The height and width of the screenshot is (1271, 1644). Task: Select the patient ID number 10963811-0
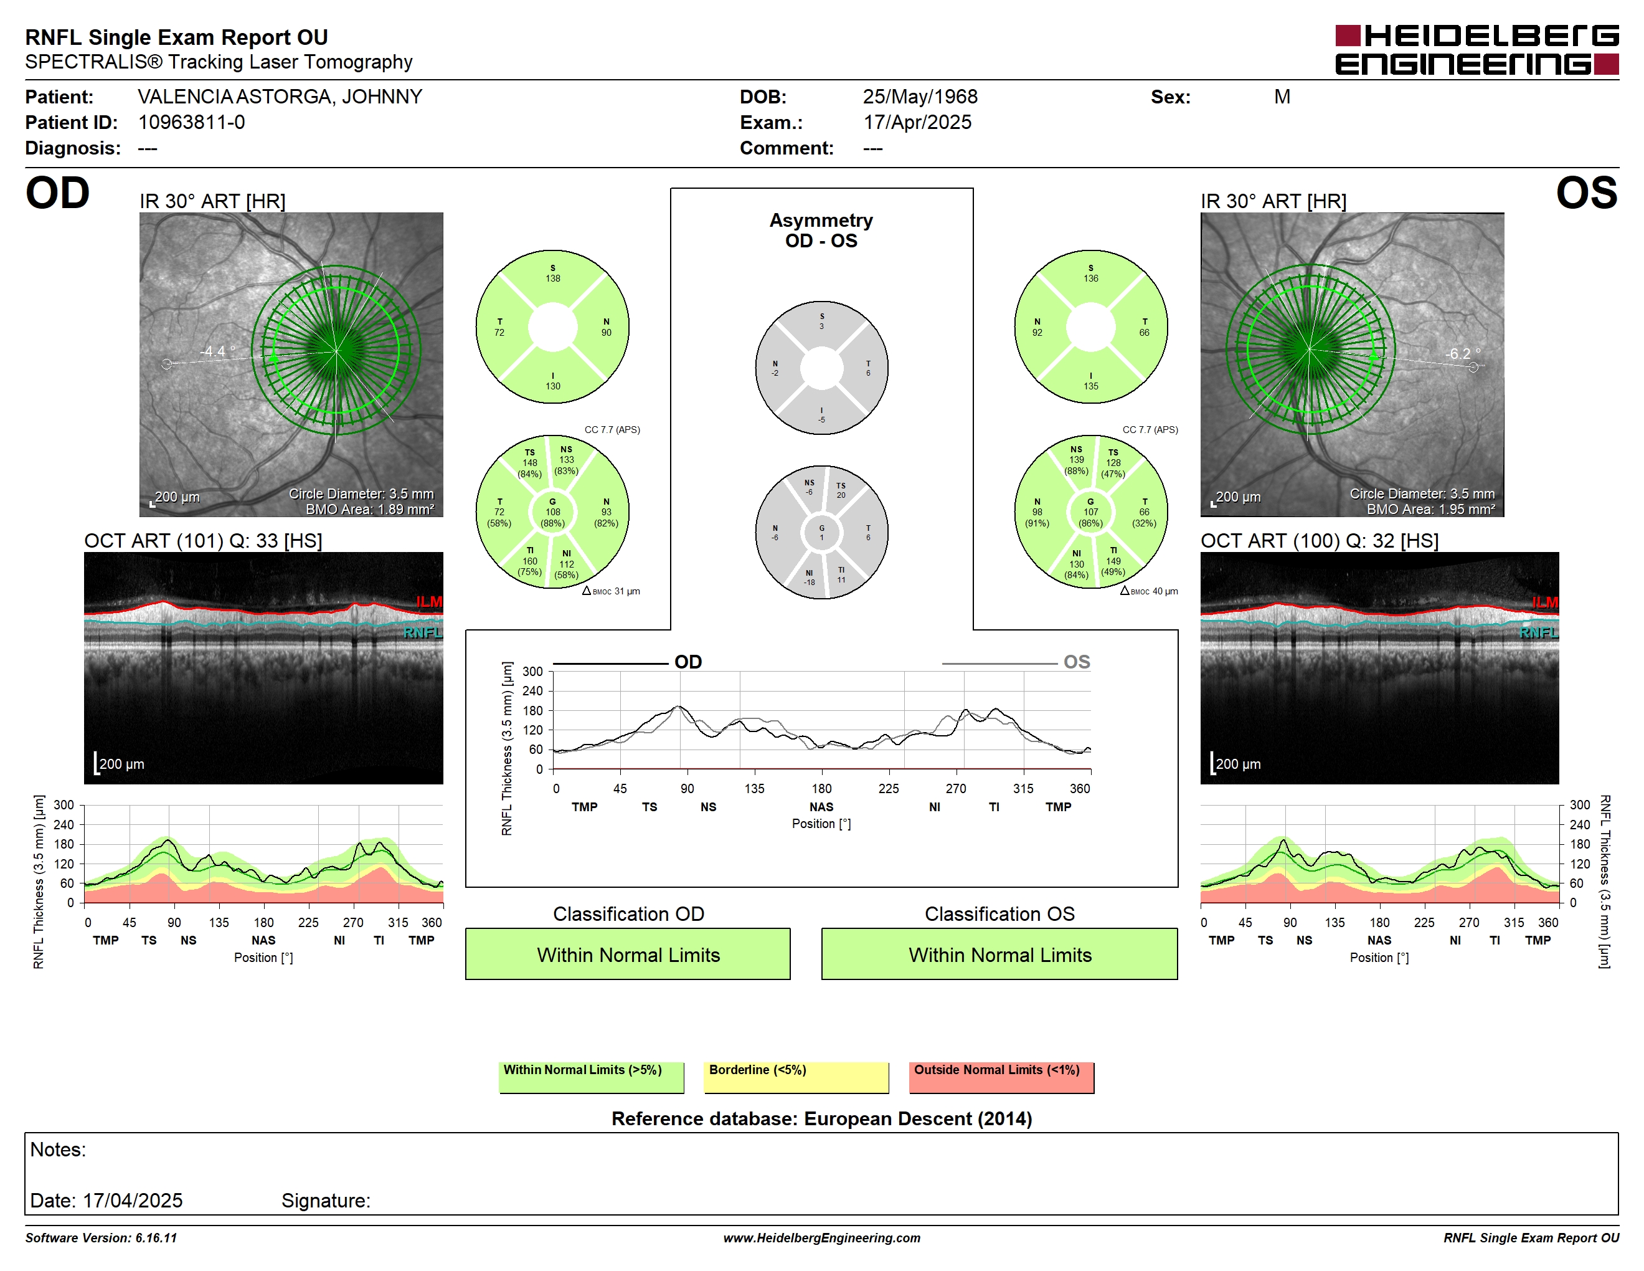coord(191,122)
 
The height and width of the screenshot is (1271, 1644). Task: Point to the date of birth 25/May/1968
coord(920,97)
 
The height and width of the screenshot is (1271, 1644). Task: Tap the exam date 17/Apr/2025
coord(917,122)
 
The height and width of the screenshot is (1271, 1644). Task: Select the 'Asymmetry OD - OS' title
coord(821,231)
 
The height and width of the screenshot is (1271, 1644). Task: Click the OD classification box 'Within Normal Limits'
coord(628,954)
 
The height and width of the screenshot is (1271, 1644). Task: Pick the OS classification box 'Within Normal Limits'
coord(999,954)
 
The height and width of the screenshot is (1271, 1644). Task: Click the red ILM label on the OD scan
coord(429,602)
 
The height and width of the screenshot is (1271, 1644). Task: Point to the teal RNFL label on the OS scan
coord(1539,632)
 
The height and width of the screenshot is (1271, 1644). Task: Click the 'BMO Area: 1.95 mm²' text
coord(1431,509)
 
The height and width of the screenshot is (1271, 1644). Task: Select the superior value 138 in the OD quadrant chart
coord(552,278)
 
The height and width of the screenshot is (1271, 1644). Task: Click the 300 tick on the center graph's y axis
coord(532,672)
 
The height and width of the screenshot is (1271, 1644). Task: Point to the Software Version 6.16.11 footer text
coord(101,1238)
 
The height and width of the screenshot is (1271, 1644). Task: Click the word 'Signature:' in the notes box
coord(326,1200)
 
